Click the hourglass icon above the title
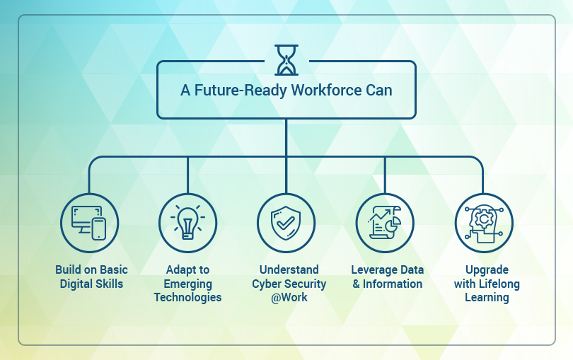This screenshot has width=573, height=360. pyautogui.click(x=286, y=60)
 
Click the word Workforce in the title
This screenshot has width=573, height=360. pyautogui.click(x=326, y=91)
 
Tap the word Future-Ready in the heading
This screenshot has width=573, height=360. pyautogui.click(x=241, y=91)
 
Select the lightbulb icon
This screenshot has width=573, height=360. pyautogui.click(x=188, y=223)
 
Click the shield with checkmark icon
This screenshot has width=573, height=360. pyautogui.click(x=286, y=223)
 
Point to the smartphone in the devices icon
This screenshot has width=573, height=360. pyautogui.click(x=98, y=229)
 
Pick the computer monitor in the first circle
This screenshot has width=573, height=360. pyautogui.click(x=86, y=219)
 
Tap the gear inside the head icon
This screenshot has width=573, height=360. pyautogui.click(x=484, y=219)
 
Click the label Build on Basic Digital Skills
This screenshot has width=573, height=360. pyautogui.click(x=91, y=277)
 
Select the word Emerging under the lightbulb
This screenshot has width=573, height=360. pyautogui.click(x=188, y=284)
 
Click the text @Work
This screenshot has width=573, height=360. pyautogui.click(x=289, y=298)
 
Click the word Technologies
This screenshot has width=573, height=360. pyautogui.click(x=188, y=298)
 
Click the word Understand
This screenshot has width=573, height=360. pyautogui.click(x=289, y=269)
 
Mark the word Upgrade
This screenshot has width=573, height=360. pyautogui.click(x=487, y=270)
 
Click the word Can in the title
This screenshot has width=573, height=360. pyautogui.click(x=379, y=91)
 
